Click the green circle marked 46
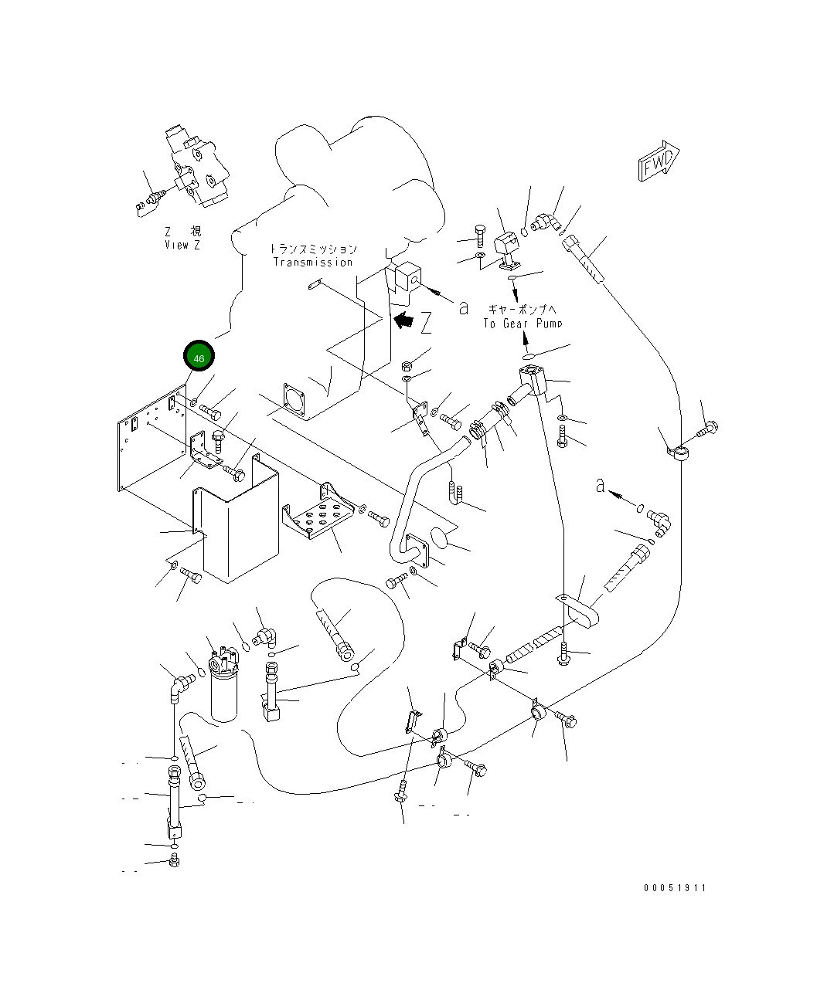[x=199, y=358]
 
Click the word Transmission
[x=313, y=263]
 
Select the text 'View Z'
[x=182, y=245]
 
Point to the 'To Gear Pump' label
[x=523, y=324]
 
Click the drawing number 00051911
[x=675, y=888]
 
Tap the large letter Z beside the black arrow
[x=426, y=322]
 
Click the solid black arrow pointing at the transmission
[x=403, y=320]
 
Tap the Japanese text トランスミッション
[x=313, y=249]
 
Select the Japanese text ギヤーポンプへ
[x=523, y=309]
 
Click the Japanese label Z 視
[x=182, y=232]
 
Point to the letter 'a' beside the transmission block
[x=464, y=307]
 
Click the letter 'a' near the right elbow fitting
[x=600, y=487]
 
